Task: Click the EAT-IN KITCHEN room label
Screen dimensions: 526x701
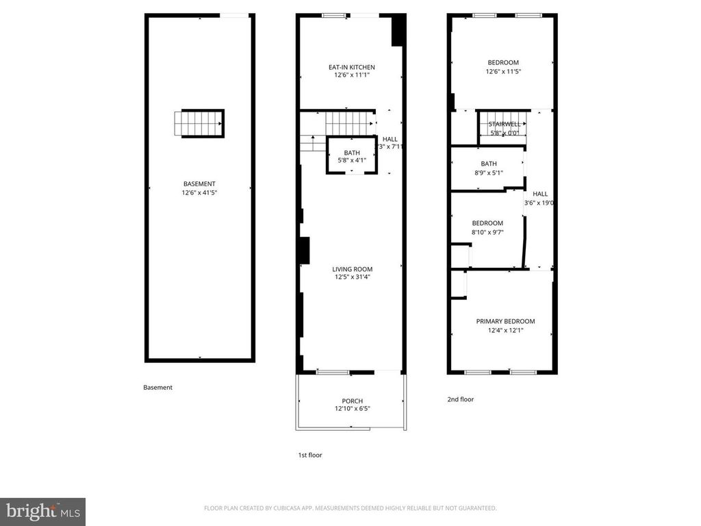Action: (351, 67)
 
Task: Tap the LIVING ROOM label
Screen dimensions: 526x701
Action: (353, 269)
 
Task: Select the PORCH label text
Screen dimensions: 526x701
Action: (352, 401)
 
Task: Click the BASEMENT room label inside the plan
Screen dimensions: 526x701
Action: (199, 184)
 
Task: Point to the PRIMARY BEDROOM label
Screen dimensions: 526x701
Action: (505, 321)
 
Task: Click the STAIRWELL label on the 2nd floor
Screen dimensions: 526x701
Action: (505, 124)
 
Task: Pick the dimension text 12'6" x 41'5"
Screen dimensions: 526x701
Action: (199, 192)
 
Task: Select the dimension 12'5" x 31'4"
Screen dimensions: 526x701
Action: (353, 277)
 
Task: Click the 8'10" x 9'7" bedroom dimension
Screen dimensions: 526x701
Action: (487, 232)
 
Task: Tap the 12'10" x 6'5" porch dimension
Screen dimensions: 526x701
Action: (353, 410)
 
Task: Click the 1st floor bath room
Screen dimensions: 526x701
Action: (351, 156)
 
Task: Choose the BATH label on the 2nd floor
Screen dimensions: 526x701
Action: (489, 164)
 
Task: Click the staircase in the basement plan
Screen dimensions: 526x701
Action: (199, 124)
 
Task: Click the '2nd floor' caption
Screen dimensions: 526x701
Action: (459, 399)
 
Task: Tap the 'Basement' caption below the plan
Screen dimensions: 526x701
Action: (157, 388)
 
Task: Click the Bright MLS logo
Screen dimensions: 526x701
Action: (42, 511)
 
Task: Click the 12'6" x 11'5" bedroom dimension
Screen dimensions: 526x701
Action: (502, 71)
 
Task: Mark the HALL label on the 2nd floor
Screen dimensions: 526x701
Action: (540, 194)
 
